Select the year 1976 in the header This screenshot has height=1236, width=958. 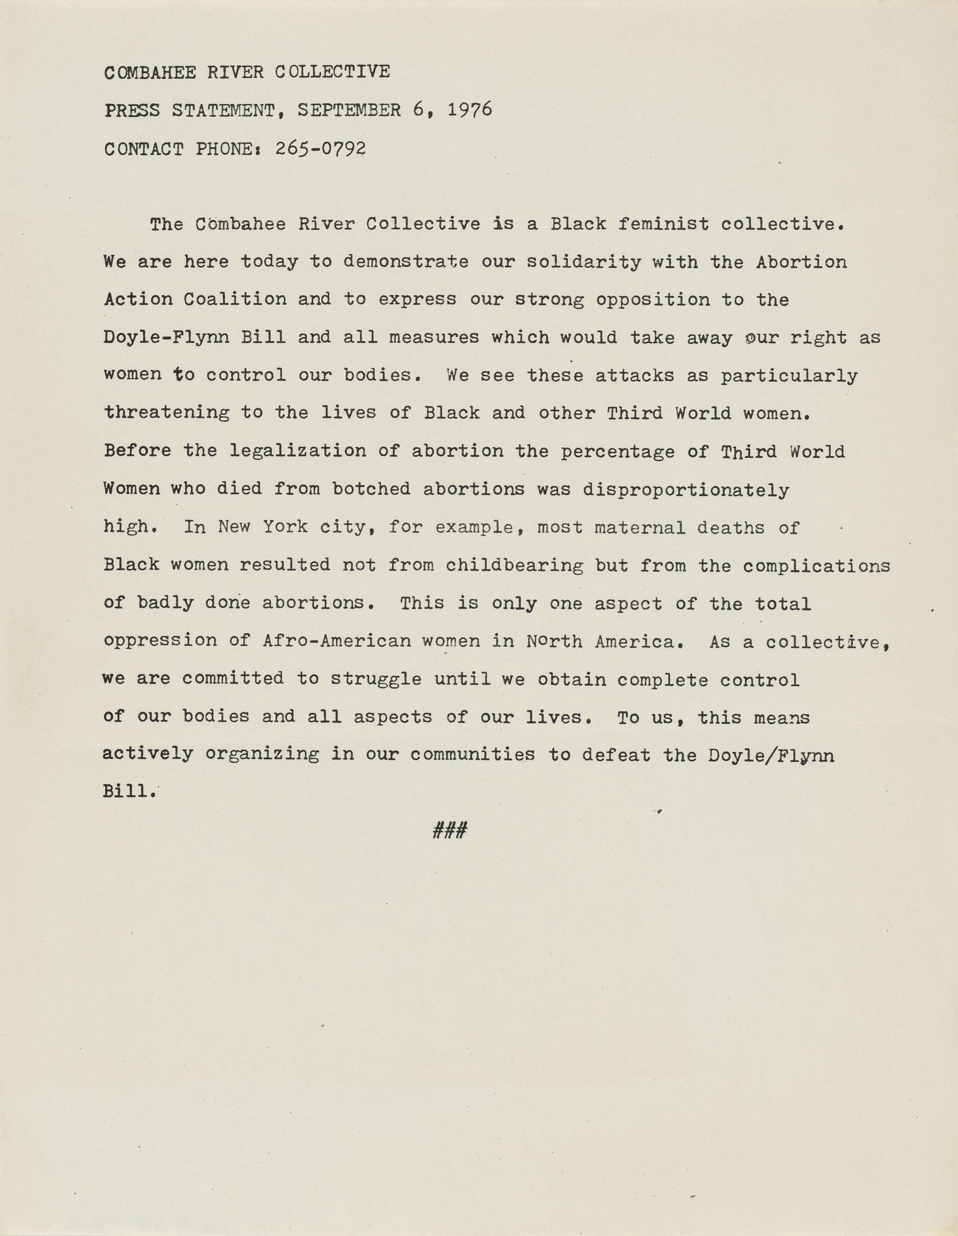(470, 109)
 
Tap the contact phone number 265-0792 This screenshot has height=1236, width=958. (320, 148)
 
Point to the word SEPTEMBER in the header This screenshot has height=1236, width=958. (349, 110)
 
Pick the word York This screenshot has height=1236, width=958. (285, 527)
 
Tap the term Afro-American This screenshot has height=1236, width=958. (337, 641)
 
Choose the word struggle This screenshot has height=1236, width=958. (376, 678)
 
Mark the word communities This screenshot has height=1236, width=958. (473, 754)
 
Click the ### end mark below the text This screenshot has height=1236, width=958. (449, 831)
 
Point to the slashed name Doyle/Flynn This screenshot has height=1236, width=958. (771, 755)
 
